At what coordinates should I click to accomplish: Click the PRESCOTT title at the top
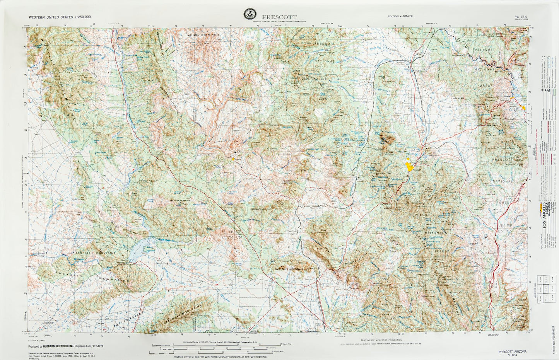pos(279,17)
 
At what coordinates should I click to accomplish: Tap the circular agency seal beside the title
pos(250,14)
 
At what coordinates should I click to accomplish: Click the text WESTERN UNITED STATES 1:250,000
pos(60,17)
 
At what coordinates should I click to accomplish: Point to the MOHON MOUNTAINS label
pos(203,35)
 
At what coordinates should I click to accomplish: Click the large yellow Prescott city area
pos(409,166)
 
